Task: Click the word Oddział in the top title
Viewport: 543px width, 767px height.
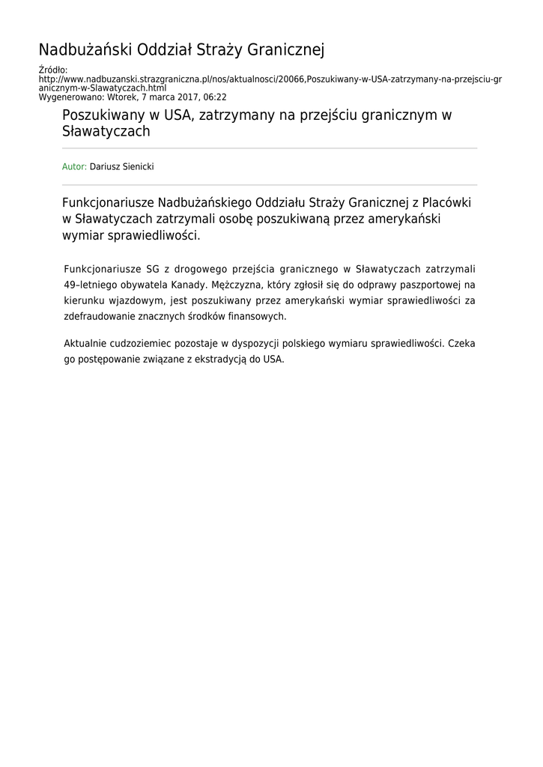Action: [x=166, y=50]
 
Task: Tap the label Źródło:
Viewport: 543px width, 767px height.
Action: [x=53, y=70]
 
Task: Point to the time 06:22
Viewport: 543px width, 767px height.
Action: [x=214, y=97]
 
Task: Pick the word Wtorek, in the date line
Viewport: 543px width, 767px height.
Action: [x=123, y=97]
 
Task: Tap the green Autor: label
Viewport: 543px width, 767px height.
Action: [x=74, y=166]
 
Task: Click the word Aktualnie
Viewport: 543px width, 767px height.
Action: [x=85, y=343]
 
